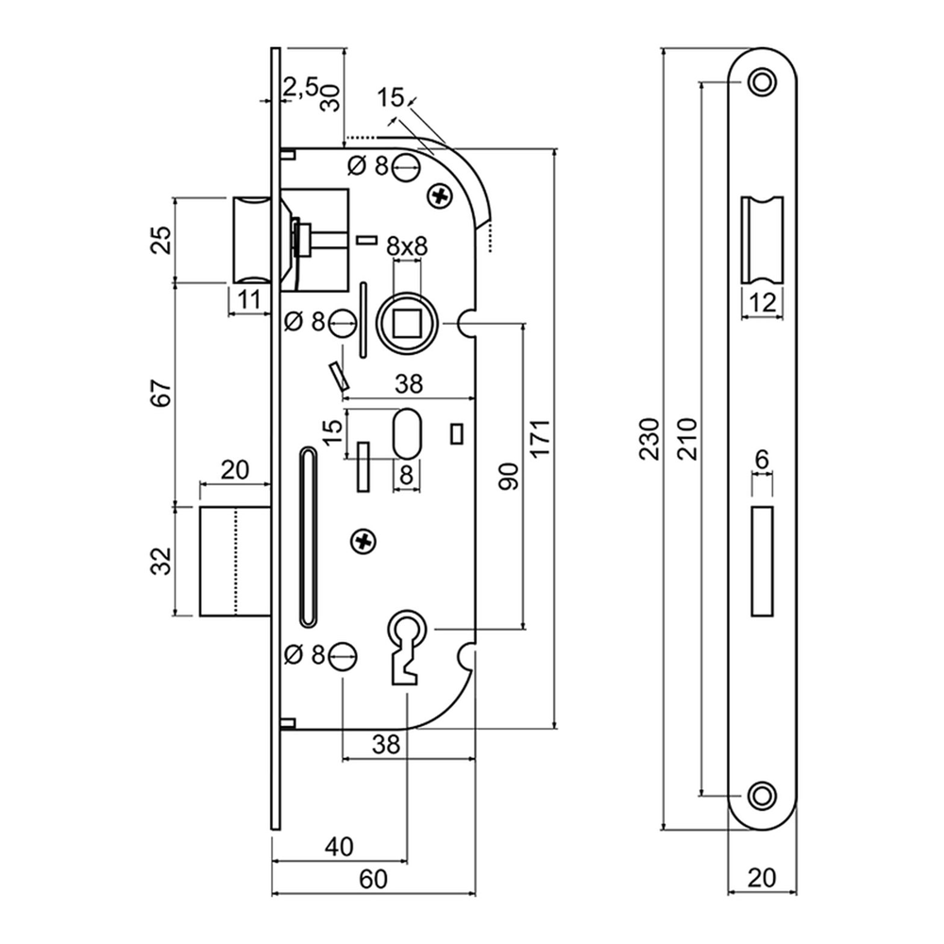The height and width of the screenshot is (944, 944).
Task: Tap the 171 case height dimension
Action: tap(542, 439)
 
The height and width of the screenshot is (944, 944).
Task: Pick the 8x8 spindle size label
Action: tap(408, 246)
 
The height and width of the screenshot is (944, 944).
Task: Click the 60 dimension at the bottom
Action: tap(374, 880)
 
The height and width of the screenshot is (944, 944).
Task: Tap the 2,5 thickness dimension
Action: tap(300, 88)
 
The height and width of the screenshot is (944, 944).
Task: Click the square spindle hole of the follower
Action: tap(407, 325)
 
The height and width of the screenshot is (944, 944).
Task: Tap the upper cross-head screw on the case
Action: tap(440, 196)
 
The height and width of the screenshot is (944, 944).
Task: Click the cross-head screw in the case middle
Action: tap(362, 540)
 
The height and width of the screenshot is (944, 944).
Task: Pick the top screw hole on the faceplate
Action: tap(761, 82)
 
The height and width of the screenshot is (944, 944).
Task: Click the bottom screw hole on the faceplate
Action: tap(761, 795)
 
